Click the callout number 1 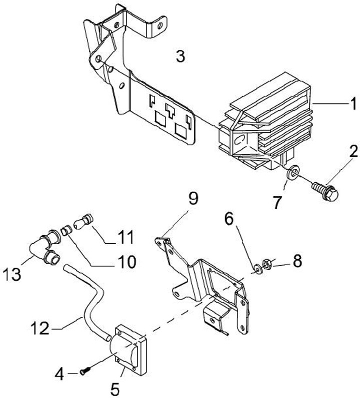(353, 104)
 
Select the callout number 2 (353, 151)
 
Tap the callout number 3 (180, 56)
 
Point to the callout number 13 (12, 274)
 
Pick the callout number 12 (40, 328)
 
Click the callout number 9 (193, 199)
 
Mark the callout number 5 (115, 389)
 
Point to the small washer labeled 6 (258, 269)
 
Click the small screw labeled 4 (85, 371)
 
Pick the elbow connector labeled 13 (45, 246)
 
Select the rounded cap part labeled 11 (83, 221)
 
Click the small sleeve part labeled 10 (66, 231)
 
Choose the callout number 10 (127, 262)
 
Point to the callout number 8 (297, 261)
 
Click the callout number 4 (59, 375)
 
